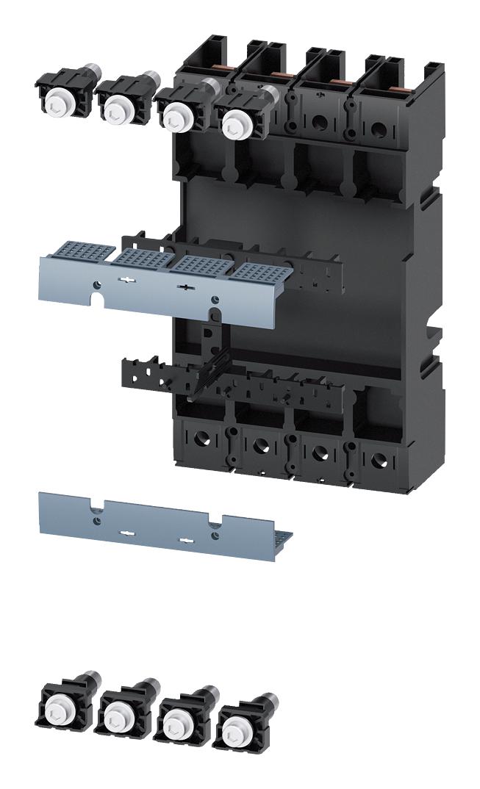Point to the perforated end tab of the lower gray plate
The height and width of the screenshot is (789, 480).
(x=284, y=540)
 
